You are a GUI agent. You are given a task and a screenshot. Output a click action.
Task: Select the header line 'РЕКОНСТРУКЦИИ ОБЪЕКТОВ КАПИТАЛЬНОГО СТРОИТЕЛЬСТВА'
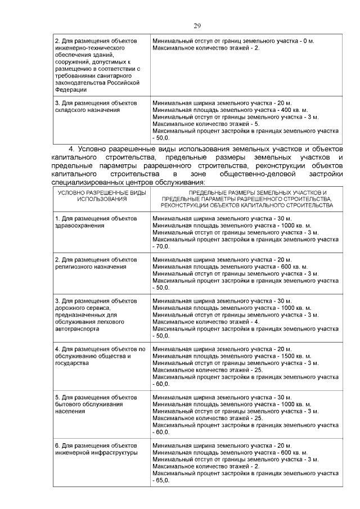pos(246,205)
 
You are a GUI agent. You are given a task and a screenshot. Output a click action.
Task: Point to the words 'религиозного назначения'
pos(90,267)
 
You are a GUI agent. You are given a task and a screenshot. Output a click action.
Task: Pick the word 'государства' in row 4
pos(71,363)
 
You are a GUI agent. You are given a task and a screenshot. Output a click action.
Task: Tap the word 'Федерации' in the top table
pos(71,89)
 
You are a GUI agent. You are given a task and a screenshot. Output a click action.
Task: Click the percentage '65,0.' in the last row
pos(163,481)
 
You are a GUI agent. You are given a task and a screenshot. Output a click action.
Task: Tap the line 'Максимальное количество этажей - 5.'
pos(206,124)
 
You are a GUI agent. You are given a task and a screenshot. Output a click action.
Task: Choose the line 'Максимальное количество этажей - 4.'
pos(206,322)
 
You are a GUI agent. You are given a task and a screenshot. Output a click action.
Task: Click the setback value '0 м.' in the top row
pos(300,41)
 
